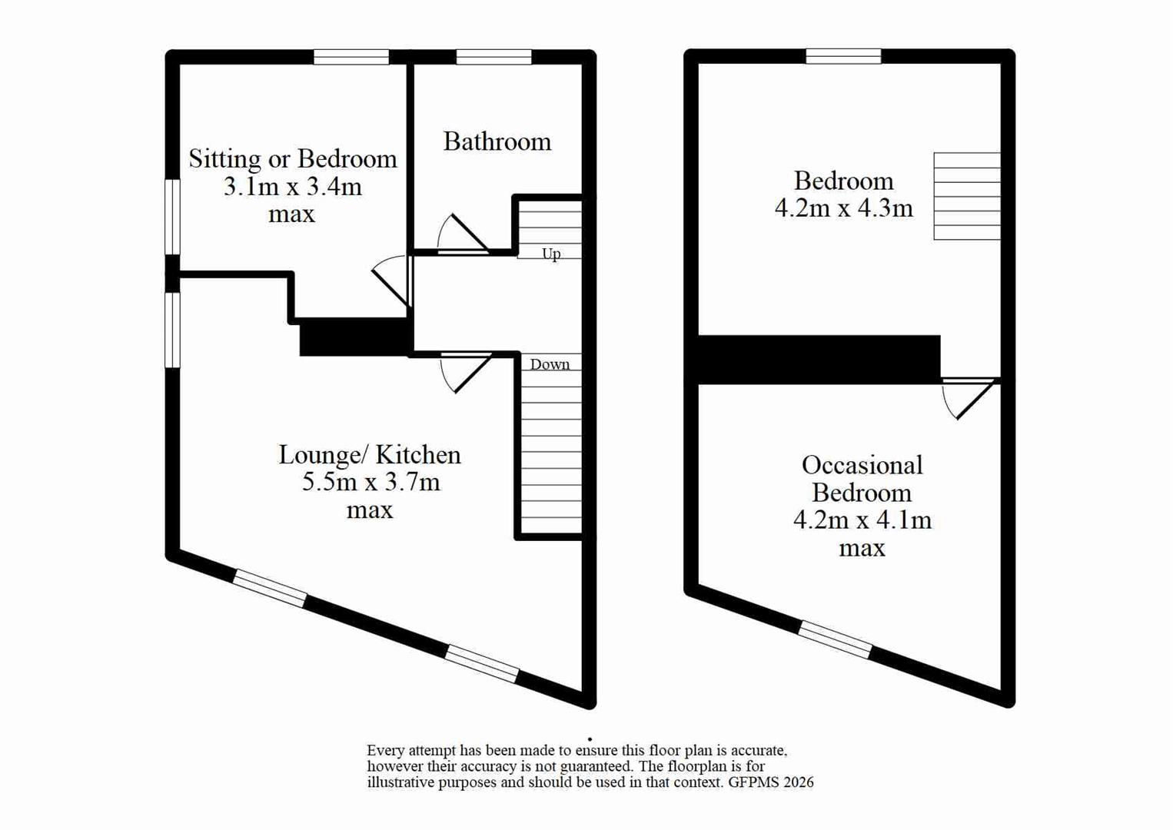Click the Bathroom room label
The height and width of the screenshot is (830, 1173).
pos(497,141)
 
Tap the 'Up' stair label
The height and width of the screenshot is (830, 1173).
pos(551,254)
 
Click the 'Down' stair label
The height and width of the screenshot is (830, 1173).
pos(550,364)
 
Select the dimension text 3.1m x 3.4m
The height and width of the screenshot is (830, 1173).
pos(292,187)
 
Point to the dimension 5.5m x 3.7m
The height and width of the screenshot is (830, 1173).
pos(371,483)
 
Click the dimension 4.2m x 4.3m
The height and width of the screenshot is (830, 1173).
pos(843,208)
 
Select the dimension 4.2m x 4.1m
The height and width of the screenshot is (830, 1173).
pos(862,520)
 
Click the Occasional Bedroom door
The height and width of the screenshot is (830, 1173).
pos(970,397)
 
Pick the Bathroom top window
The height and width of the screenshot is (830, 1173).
pos(493,57)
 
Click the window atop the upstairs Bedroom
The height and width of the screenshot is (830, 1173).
pos(843,56)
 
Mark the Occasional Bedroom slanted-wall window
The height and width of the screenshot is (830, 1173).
pos(836,639)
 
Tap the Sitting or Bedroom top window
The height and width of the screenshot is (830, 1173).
pos(351,57)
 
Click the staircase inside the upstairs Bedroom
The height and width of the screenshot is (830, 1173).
pos(966,196)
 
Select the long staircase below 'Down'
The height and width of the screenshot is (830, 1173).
pos(550,453)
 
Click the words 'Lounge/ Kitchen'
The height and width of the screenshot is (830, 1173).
pos(369,455)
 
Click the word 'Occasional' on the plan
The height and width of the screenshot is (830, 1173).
pos(862,465)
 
